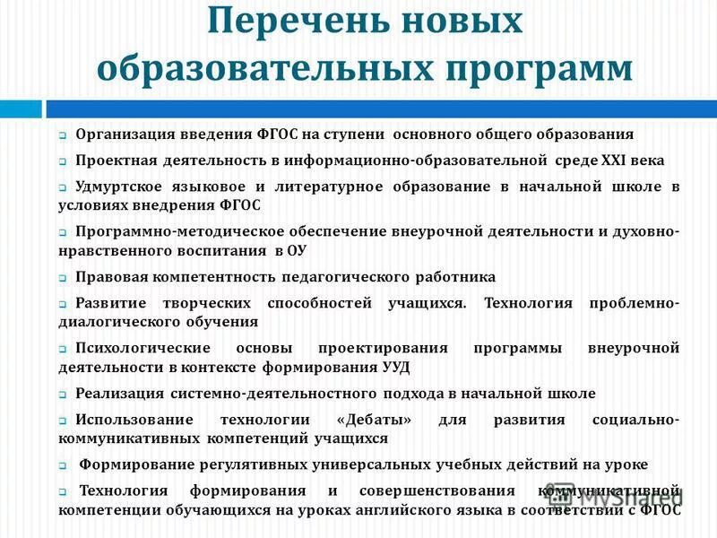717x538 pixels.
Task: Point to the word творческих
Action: [x=197, y=303]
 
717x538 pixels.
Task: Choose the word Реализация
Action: [x=120, y=394]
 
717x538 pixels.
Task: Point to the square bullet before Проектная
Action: [x=64, y=162]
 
